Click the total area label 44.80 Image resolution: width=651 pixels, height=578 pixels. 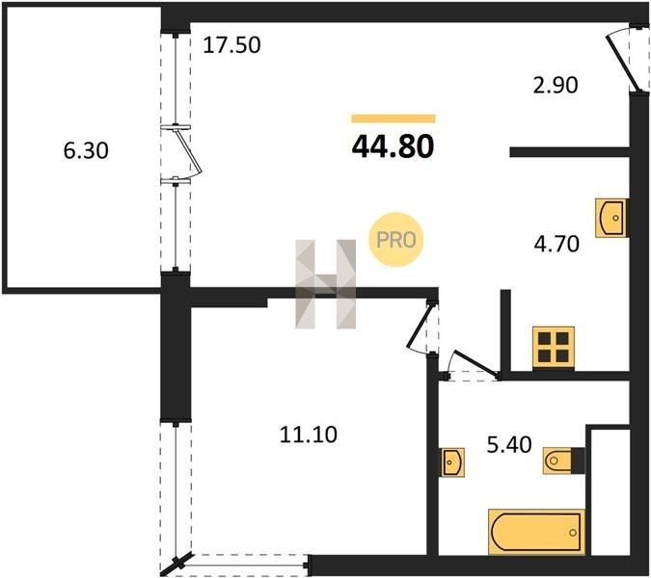pyautogui.click(x=393, y=147)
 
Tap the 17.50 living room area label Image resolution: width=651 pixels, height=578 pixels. pyautogui.click(x=231, y=45)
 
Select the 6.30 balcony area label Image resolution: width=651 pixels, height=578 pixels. pyautogui.click(x=86, y=150)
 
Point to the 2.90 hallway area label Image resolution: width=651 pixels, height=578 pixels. pyautogui.click(x=556, y=85)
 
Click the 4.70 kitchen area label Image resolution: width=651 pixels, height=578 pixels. pyautogui.click(x=556, y=244)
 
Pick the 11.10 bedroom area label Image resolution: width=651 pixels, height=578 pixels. pyautogui.click(x=309, y=435)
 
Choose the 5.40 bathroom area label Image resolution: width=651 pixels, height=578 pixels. pyautogui.click(x=509, y=445)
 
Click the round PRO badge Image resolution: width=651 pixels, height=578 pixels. pyautogui.click(x=396, y=240)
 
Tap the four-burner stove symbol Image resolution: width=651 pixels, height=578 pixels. pyautogui.click(x=554, y=348)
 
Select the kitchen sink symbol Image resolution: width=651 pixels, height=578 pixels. pyautogui.click(x=611, y=218)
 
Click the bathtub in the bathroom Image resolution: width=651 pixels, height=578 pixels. pyautogui.click(x=536, y=532)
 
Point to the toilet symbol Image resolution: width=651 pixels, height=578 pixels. pyautogui.click(x=564, y=460)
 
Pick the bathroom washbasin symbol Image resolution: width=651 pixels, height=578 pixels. pyautogui.click(x=451, y=462)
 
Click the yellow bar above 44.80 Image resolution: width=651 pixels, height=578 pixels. pyautogui.click(x=393, y=118)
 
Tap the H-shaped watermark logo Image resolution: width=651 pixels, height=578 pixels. pyautogui.click(x=326, y=284)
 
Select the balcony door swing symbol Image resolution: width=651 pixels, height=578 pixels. pyautogui.click(x=188, y=154)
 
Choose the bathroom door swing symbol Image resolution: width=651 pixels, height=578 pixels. pyautogui.click(x=472, y=366)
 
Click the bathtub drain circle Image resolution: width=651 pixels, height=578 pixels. pyautogui.click(x=573, y=533)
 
